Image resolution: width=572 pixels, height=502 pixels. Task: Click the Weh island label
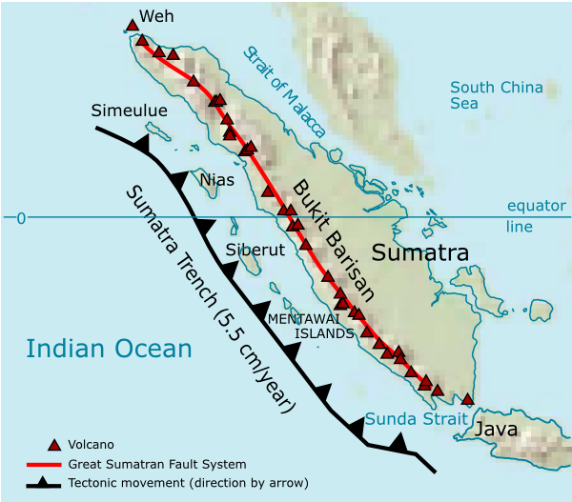pyautogui.click(x=157, y=16)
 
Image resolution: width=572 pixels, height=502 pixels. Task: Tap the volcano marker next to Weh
pyautogui.click(x=132, y=25)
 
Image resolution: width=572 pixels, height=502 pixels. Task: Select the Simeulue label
pyautogui.click(x=129, y=111)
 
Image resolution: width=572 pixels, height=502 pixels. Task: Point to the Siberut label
pyautogui.click(x=255, y=251)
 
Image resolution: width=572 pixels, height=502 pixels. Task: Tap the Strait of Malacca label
pyautogui.click(x=284, y=91)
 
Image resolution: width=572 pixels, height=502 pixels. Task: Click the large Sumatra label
pyautogui.click(x=419, y=253)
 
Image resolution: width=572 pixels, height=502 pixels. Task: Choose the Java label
pyautogui.click(x=497, y=429)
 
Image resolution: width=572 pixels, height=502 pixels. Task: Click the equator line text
pyautogui.click(x=537, y=216)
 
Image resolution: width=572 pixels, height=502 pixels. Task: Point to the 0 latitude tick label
pyautogui.click(x=20, y=218)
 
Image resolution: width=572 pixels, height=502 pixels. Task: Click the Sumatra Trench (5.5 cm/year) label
pyautogui.click(x=211, y=297)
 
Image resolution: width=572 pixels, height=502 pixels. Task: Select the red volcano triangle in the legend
pyautogui.click(x=54, y=444)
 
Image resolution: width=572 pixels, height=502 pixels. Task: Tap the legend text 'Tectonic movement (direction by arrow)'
pyautogui.click(x=188, y=483)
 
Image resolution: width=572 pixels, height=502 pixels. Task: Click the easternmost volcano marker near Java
pyautogui.click(x=467, y=399)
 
